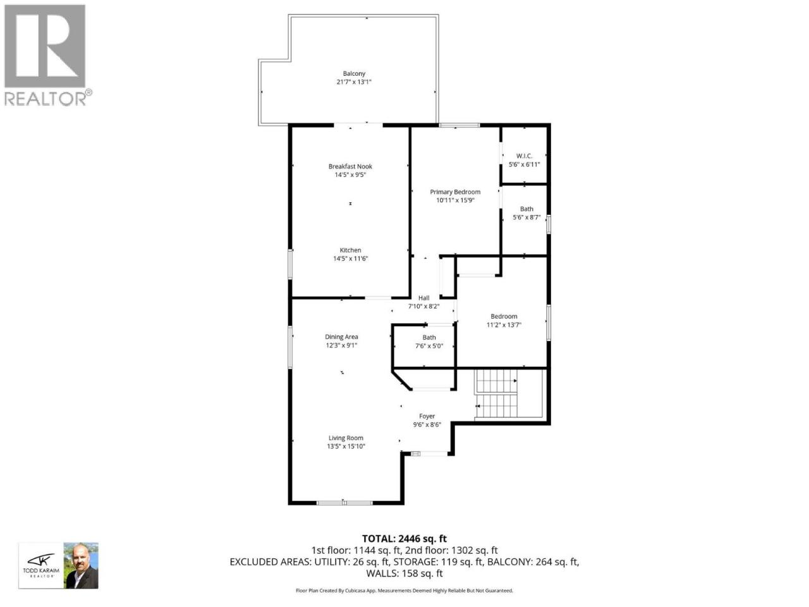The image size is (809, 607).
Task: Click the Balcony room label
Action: tap(354, 73)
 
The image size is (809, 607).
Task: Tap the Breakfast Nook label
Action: tap(350, 166)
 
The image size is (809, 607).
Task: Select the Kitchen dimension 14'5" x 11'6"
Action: tap(351, 259)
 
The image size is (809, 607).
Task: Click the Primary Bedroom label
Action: tap(455, 192)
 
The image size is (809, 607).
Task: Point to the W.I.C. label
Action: tap(524, 156)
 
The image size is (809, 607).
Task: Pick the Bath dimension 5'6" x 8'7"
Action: tap(526, 218)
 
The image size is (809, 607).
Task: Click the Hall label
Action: tap(423, 298)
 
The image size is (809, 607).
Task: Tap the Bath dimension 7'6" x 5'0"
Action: tap(429, 346)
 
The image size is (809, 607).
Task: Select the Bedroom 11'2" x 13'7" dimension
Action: tap(504, 325)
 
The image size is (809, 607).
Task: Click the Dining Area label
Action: tap(341, 336)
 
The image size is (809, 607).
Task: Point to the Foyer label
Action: tap(427, 416)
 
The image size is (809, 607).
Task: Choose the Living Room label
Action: tap(346, 438)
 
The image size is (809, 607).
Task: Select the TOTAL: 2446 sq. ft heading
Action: tap(404, 539)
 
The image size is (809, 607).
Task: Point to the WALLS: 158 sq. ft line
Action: tap(404, 573)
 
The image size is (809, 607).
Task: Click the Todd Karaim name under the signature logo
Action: tap(41, 570)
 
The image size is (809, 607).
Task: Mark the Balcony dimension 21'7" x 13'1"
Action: tap(354, 82)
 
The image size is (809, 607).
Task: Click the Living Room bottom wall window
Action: tap(344, 502)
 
